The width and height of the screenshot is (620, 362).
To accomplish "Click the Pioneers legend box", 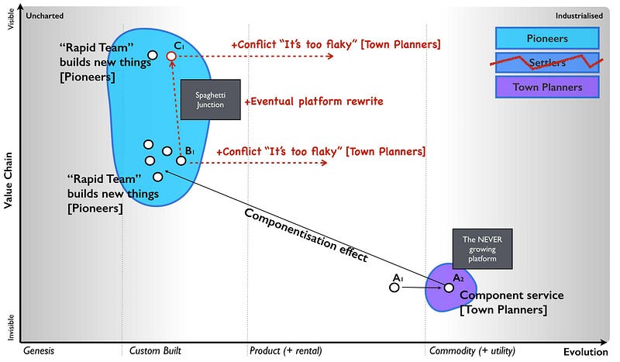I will point(546,38).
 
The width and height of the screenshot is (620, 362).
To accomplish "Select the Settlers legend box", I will point(546,63).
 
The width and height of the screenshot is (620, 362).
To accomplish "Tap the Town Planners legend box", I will point(546,88).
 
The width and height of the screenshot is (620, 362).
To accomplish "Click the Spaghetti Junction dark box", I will point(211,100).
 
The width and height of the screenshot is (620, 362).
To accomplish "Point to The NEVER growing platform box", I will point(482,249).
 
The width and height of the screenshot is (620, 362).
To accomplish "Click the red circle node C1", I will point(171,57).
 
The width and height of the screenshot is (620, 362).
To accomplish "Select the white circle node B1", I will point(181,160).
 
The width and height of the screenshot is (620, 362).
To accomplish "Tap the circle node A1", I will point(394,288).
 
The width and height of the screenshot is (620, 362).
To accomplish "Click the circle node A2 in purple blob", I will point(449,288).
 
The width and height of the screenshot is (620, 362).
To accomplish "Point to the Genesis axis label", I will point(39,351).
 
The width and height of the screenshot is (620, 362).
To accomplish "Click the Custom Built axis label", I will point(155,351).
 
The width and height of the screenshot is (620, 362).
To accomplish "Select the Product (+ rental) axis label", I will point(285,351).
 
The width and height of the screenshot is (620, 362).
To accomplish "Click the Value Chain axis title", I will point(8,180).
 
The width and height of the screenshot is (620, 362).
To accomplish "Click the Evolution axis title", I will point(586,351).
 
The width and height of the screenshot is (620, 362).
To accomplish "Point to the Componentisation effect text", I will point(305,236).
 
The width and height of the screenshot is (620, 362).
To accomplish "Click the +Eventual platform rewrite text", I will point(314,102).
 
